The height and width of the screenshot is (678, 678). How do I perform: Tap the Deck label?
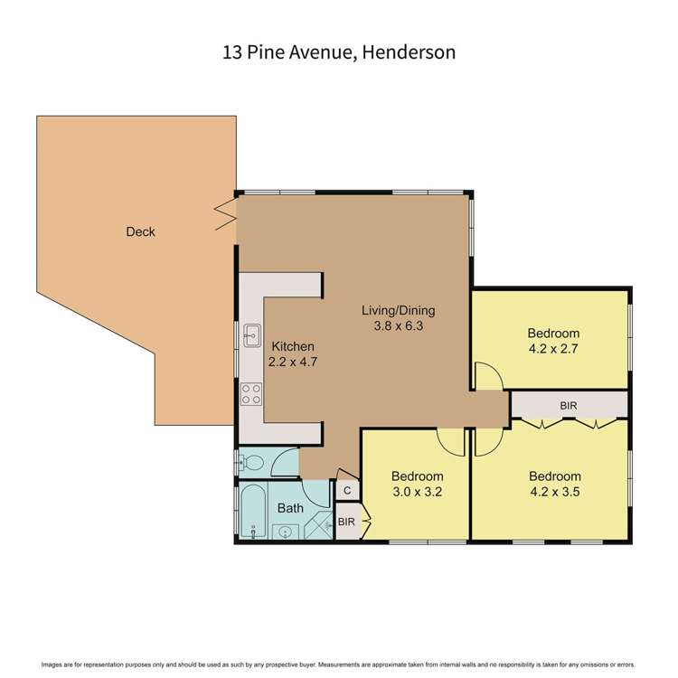(140, 232)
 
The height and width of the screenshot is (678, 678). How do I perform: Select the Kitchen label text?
(293, 346)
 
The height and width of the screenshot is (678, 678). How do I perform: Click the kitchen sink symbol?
(251, 335)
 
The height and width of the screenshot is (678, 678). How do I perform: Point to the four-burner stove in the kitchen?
(251, 394)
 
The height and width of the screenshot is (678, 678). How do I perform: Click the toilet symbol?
(254, 464)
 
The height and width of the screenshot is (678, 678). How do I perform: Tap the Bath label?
(290, 508)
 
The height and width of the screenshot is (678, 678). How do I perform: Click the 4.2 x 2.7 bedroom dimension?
(554, 349)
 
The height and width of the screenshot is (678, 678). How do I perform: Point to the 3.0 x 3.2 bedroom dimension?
(417, 493)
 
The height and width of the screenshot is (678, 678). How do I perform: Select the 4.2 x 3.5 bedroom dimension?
(554, 493)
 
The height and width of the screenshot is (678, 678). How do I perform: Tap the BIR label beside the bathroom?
(346, 522)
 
